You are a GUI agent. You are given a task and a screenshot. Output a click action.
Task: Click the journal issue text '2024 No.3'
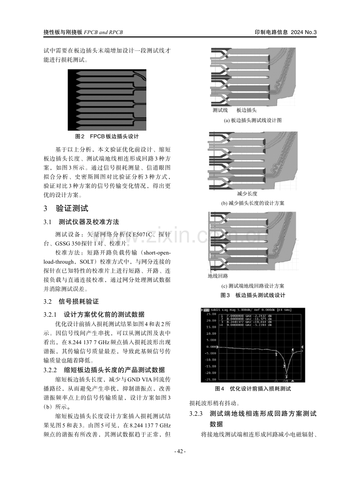coord(304,32)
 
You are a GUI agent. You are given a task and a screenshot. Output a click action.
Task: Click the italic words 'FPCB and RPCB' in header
coord(103,32)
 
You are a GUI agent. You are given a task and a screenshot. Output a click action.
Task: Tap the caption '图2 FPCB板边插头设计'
coord(107,137)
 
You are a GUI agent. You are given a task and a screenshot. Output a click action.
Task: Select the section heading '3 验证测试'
coord(66,208)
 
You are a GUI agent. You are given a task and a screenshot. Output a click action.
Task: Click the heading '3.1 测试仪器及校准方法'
coord(81,222)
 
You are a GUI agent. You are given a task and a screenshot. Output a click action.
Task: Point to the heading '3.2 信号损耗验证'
coord(71,302)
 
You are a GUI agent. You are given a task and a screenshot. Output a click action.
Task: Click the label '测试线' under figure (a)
coord(220,110)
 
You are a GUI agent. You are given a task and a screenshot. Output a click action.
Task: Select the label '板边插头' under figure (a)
coord(247,110)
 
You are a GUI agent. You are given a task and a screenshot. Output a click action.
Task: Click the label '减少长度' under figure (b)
coord(247,194)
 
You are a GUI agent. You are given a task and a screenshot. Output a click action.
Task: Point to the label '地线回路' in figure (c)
coord(218,276)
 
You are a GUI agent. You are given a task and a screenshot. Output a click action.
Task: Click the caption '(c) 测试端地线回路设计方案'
coord(253,286)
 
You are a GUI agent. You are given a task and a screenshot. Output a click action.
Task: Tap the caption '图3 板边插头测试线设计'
coord(253,295)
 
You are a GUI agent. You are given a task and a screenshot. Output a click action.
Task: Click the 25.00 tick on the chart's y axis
coord(211,314)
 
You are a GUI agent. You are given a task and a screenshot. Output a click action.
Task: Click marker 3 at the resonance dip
coord(286,377)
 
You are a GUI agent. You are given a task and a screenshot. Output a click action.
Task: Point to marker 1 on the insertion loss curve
coord(276,354)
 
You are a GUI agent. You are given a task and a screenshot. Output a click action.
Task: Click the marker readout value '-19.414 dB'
coord(265,322)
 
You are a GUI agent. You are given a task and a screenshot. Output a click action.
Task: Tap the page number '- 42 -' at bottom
coord(180,451)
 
